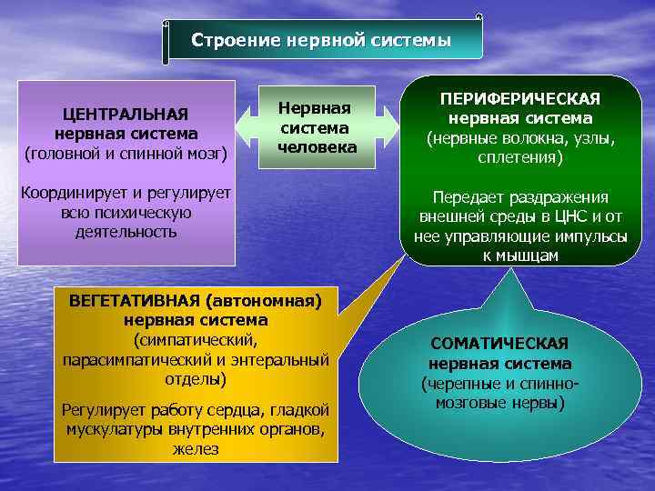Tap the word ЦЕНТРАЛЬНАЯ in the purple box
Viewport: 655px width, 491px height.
pyautogui.click(x=125, y=114)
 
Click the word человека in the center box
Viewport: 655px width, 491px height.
pyautogui.click(x=317, y=147)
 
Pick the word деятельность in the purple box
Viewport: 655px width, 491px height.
pyautogui.click(x=126, y=232)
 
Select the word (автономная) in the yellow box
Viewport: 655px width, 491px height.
pyautogui.click(x=263, y=301)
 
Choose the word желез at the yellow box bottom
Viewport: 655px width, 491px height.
pyautogui.click(x=196, y=448)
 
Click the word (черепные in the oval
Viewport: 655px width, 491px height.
pyautogui.click(x=454, y=383)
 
